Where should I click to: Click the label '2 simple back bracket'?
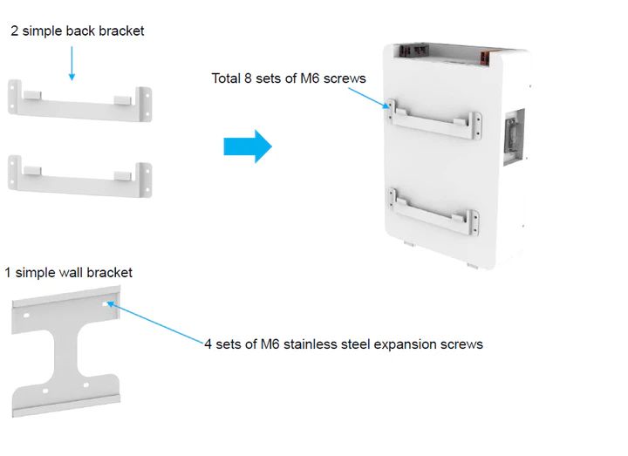coord(78,31)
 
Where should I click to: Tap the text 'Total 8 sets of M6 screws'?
coord(289,78)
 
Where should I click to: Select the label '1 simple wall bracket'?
coord(69,273)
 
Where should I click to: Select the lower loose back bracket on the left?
coord(79,175)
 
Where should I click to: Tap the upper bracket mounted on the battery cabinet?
coord(433,121)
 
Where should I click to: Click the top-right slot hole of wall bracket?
coord(106,305)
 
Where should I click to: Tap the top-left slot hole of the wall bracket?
coord(25,316)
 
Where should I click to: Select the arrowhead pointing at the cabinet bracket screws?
coord(387,105)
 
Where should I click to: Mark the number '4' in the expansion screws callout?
coord(208,344)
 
